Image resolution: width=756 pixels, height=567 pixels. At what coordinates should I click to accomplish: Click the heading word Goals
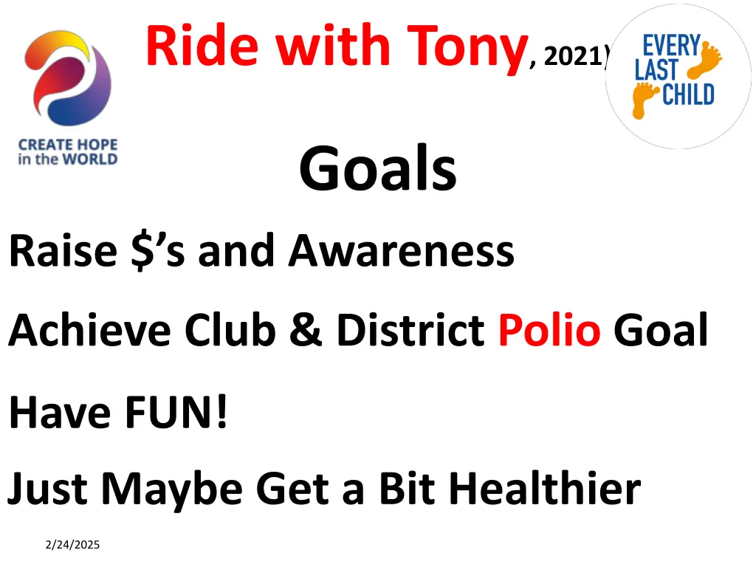pyautogui.click(x=377, y=168)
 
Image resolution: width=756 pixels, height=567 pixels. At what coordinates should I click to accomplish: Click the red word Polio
pyautogui.click(x=549, y=331)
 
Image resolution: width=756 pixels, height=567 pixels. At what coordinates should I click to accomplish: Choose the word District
pyautogui.click(x=410, y=331)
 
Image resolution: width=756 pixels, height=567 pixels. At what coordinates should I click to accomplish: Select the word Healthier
pyautogui.click(x=545, y=488)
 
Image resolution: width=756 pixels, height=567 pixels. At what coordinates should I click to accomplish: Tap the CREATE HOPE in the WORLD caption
pyautogui.click(x=68, y=151)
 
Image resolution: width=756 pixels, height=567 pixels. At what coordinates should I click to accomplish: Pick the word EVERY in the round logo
pyautogui.click(x=670, y=46)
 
